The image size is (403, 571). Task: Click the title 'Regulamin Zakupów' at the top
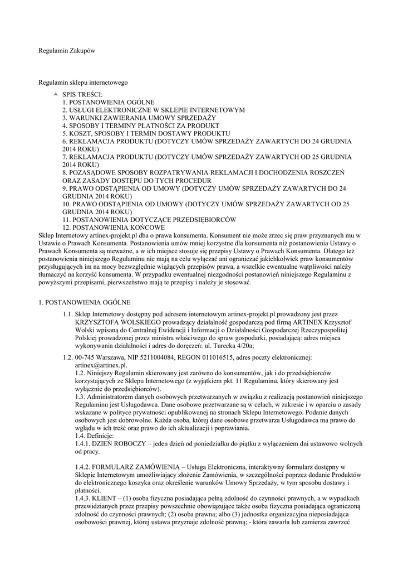point(67,51)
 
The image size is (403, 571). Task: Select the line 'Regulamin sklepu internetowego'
point(83,83)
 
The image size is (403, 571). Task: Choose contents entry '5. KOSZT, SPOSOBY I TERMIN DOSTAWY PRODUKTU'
point(146,134)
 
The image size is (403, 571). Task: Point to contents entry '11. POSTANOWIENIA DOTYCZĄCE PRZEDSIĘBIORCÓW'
point(149,220)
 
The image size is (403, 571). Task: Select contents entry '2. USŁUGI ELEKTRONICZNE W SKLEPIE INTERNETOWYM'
point(153,110)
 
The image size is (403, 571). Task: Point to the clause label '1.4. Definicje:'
point(94,435)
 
